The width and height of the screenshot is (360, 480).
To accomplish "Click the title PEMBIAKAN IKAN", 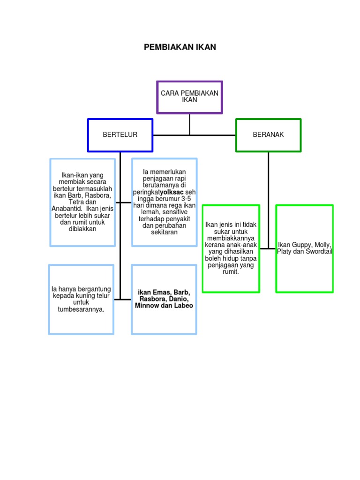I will [180, 47].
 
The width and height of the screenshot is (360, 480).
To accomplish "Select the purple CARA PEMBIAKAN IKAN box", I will [189, 97].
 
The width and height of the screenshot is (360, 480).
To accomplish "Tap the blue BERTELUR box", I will [120, 135].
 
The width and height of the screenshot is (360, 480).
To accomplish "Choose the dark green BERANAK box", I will [268, 135].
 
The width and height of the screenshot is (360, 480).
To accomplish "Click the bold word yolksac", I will [172, 192].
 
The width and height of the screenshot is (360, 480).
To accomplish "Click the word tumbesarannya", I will [81, 309].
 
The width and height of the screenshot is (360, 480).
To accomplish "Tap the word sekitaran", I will [165, 232].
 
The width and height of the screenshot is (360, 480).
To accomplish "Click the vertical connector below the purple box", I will [189, 124].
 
